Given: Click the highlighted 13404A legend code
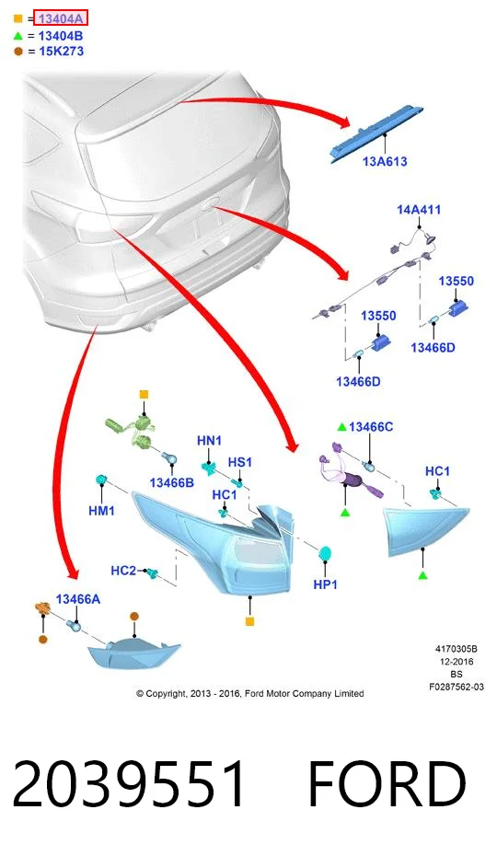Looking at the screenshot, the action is pos(61,18).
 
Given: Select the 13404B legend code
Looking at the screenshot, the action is pos(61,36).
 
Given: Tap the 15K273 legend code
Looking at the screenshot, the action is pos(61,52).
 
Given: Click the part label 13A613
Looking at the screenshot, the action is pos(385,161).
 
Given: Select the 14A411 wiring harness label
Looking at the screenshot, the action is pos(419,210).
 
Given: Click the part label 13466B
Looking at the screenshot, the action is pos(171,482).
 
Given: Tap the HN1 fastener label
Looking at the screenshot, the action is pos(209,441).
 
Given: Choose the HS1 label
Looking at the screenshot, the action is pos(240,462).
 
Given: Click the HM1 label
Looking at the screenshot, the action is pos(101,511).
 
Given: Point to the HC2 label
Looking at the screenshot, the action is pos(123,571).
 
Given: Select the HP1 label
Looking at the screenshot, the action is pos(326,584).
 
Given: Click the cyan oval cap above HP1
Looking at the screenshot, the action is pos(326,553).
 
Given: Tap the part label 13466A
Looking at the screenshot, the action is pos(78,599).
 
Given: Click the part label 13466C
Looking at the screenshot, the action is pos(371,427).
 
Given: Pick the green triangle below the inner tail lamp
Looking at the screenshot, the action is pos(422,575).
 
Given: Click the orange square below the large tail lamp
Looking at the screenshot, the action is pos(249,621).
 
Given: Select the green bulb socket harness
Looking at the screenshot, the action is pos(133,430).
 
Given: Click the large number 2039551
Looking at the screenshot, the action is pos(130,783).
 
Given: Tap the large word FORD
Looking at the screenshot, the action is pos(387,783).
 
